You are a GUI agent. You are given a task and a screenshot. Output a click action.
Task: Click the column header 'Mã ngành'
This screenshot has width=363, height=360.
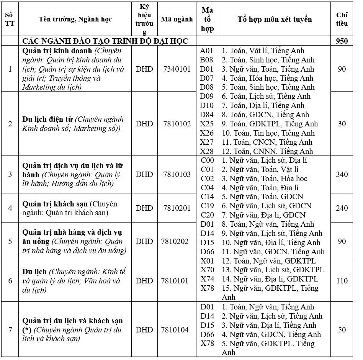tap(177, 19)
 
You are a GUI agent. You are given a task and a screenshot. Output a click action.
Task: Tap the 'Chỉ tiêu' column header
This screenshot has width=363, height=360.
tap(342, 19)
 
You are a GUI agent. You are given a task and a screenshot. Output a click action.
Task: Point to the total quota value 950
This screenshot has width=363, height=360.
tap(342, 41)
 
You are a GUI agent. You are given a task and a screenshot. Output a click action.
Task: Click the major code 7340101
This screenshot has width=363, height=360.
tap(177, 69)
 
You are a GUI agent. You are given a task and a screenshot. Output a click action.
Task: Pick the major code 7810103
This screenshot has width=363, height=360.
tap(177, 174)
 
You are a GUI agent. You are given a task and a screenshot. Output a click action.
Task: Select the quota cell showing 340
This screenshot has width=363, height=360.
tap(342, 174)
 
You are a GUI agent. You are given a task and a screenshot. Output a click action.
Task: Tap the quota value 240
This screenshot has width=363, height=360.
tap(342, 208)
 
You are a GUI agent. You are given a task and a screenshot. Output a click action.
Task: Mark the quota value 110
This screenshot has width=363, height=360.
tap(342, 281)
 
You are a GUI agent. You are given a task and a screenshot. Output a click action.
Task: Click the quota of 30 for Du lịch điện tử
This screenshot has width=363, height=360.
tap(342, 124)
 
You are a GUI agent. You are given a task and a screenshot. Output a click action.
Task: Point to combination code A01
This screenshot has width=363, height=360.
tap(207, 51)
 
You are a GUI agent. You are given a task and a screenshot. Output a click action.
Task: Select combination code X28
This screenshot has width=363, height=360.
tap(207, 151)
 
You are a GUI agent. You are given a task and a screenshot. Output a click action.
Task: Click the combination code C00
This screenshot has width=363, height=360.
tap(207, 160)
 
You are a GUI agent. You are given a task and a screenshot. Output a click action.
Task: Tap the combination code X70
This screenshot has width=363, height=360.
tap(207, 270)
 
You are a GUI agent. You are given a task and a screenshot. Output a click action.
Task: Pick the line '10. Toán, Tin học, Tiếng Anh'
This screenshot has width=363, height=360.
tap(268, 133)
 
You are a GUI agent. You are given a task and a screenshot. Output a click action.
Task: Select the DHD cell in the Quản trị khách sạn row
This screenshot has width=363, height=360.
tap(144, 208)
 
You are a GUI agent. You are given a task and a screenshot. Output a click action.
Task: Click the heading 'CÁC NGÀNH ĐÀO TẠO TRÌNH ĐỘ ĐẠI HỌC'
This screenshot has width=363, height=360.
tap(105, 41)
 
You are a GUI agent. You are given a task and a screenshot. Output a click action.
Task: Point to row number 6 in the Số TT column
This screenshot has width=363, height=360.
tap(10, 281)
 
